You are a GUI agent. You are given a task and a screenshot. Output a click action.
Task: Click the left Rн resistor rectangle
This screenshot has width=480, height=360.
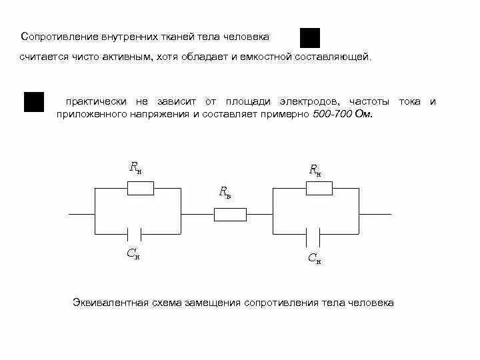pos(140,189)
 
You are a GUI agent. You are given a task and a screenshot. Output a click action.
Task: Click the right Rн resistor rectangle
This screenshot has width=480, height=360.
pos(319,189)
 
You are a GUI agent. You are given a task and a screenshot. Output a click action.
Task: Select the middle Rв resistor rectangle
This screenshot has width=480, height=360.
pos(230,215)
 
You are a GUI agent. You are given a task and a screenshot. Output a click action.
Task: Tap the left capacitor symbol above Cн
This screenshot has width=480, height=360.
pos(134,235)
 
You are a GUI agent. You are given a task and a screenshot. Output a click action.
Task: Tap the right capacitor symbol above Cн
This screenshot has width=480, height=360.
pos(313,235)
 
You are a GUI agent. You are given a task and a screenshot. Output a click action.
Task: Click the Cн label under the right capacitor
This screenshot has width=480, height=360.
pos(314,258)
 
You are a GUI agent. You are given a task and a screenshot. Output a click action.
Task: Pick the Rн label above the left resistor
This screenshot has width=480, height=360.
pos(135,167)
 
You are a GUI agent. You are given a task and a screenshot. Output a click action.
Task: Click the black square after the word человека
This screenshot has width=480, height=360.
pos(310,38)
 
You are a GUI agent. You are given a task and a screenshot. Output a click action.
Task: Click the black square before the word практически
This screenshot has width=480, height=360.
pos(34,101)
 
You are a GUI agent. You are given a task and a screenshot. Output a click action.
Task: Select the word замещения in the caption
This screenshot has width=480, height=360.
pos(215,303)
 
